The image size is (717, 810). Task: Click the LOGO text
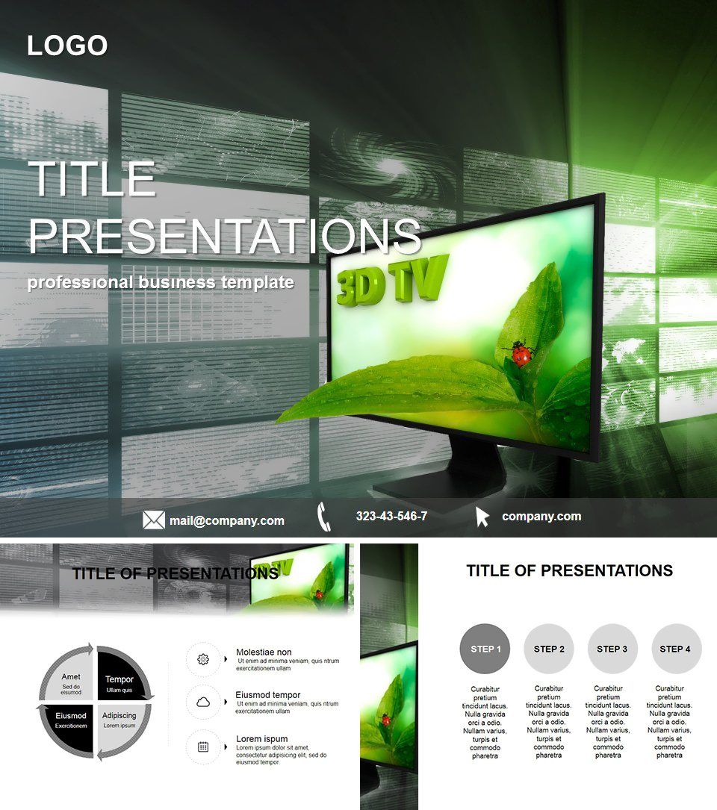tap(67, 46)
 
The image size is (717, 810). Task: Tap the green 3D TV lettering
tap(392, 280)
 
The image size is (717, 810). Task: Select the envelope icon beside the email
tap(154, 520)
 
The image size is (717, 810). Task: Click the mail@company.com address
tap(227, 521)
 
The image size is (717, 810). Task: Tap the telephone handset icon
tap(323, 517)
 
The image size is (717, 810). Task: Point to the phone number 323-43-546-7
tap(391, 516)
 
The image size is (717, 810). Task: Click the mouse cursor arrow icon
tap(482, 517)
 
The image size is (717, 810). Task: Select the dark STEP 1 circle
tap(485, 649)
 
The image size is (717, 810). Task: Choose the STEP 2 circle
tap(549, 649)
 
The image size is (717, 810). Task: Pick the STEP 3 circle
tap(612, 649)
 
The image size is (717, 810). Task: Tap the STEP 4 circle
tap(676, 649)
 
